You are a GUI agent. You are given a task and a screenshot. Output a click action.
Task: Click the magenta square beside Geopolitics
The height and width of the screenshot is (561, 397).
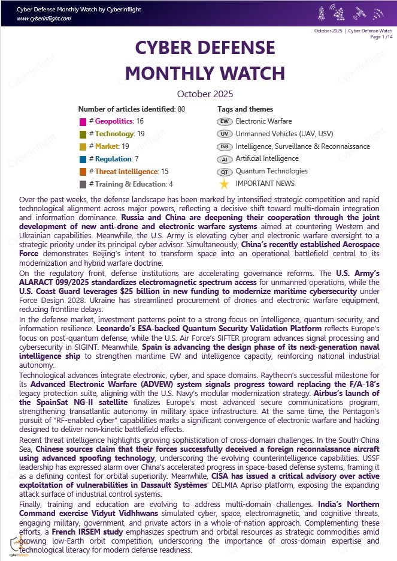click(x=83, y=122)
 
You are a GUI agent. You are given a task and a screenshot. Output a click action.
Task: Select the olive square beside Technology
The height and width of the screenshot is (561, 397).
click(x=83, y=134)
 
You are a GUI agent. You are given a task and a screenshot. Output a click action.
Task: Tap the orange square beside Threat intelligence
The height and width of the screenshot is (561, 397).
click(x=83, y=172)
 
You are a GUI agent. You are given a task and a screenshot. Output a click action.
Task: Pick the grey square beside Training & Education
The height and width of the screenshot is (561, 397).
click(x=83, y=185)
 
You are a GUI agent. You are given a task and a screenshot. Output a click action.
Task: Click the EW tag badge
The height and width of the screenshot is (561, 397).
click(x=224, y=122)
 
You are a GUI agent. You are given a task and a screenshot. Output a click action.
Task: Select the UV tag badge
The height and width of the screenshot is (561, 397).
click(x=224, y=134)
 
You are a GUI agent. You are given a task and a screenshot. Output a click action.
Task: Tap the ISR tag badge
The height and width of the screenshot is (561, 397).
click(x=224, y=147)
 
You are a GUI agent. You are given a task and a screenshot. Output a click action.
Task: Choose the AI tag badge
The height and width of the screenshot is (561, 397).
click(x=224, y=160)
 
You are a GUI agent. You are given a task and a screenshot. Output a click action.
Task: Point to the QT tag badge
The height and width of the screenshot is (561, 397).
click(x=224, y=172)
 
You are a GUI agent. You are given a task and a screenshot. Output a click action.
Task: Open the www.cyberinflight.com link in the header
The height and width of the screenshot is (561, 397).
click(x=44, y=19)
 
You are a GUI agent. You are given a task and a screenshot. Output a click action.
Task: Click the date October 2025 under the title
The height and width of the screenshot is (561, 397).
click(x=205, y=94)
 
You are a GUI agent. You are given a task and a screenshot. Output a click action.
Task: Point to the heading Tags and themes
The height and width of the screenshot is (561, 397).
click(x=245, y=109)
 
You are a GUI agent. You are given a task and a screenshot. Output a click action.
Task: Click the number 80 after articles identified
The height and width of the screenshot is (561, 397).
click(x=181, y=109)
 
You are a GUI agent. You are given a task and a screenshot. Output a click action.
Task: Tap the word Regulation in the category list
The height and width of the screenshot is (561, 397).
click(x=114, y=160)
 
